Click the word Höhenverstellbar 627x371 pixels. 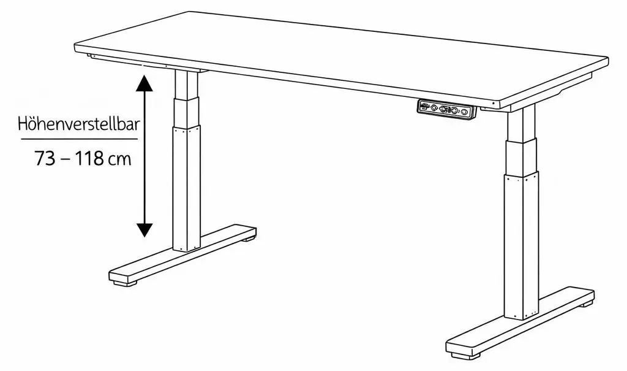[x=79, y=124]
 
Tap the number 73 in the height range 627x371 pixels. [x=44, y=159]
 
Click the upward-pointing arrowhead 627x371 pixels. [x=144, y=83]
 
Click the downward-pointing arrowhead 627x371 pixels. [x=144, y=229]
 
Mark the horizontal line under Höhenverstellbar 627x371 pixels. [x=79, y=139]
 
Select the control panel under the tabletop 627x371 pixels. [x=446, y=109]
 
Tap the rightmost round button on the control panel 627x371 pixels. [x=464, y=112]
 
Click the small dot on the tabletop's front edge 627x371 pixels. [x=493, y=104]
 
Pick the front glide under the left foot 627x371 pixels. [x=125, y=283]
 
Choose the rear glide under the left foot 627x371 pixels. [x=249, y=239]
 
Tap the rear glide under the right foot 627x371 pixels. [x=586, y=304]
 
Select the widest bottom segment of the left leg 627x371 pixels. [x=186, y=188]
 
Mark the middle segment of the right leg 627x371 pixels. [x=520, y=156]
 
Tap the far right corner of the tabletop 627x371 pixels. [x=607, y=59]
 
